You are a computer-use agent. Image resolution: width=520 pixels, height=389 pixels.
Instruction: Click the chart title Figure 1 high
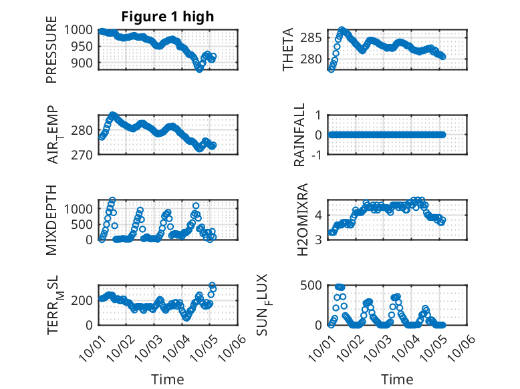tap(168, 17)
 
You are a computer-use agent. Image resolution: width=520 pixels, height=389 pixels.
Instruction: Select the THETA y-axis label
tap(288, 49)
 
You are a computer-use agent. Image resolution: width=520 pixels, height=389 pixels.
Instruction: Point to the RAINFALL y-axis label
tap(300, 135)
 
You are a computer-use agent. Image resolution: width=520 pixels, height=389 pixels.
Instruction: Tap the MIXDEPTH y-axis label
tap(52, 220)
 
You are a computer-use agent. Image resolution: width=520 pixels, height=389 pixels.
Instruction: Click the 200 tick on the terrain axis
tap(86, 301)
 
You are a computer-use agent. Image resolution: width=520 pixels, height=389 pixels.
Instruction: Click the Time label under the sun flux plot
tap(397, 379)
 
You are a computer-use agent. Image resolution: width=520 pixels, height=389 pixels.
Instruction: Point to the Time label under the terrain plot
tap(168, 379)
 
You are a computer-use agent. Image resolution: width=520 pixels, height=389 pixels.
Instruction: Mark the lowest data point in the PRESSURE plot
tap(199, 68)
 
